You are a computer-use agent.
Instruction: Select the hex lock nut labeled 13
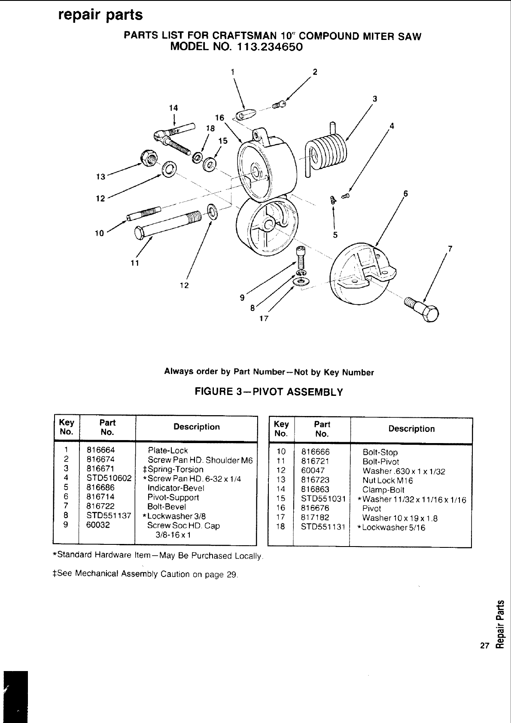[148, 159]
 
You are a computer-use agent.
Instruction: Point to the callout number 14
[173, 108]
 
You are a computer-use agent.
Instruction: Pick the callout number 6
[405, 193]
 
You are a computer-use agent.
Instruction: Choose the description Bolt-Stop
[380, 452]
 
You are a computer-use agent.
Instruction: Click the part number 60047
[313, 471]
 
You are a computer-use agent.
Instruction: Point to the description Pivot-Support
[173, 497]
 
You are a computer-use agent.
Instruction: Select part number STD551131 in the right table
[323, 527]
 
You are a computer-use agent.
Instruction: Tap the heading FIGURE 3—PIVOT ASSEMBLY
[269, 392]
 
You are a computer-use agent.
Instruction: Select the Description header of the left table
[196, 427]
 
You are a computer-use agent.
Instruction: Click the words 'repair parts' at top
[100, 15]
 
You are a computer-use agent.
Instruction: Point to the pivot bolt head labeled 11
[140, 232]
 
